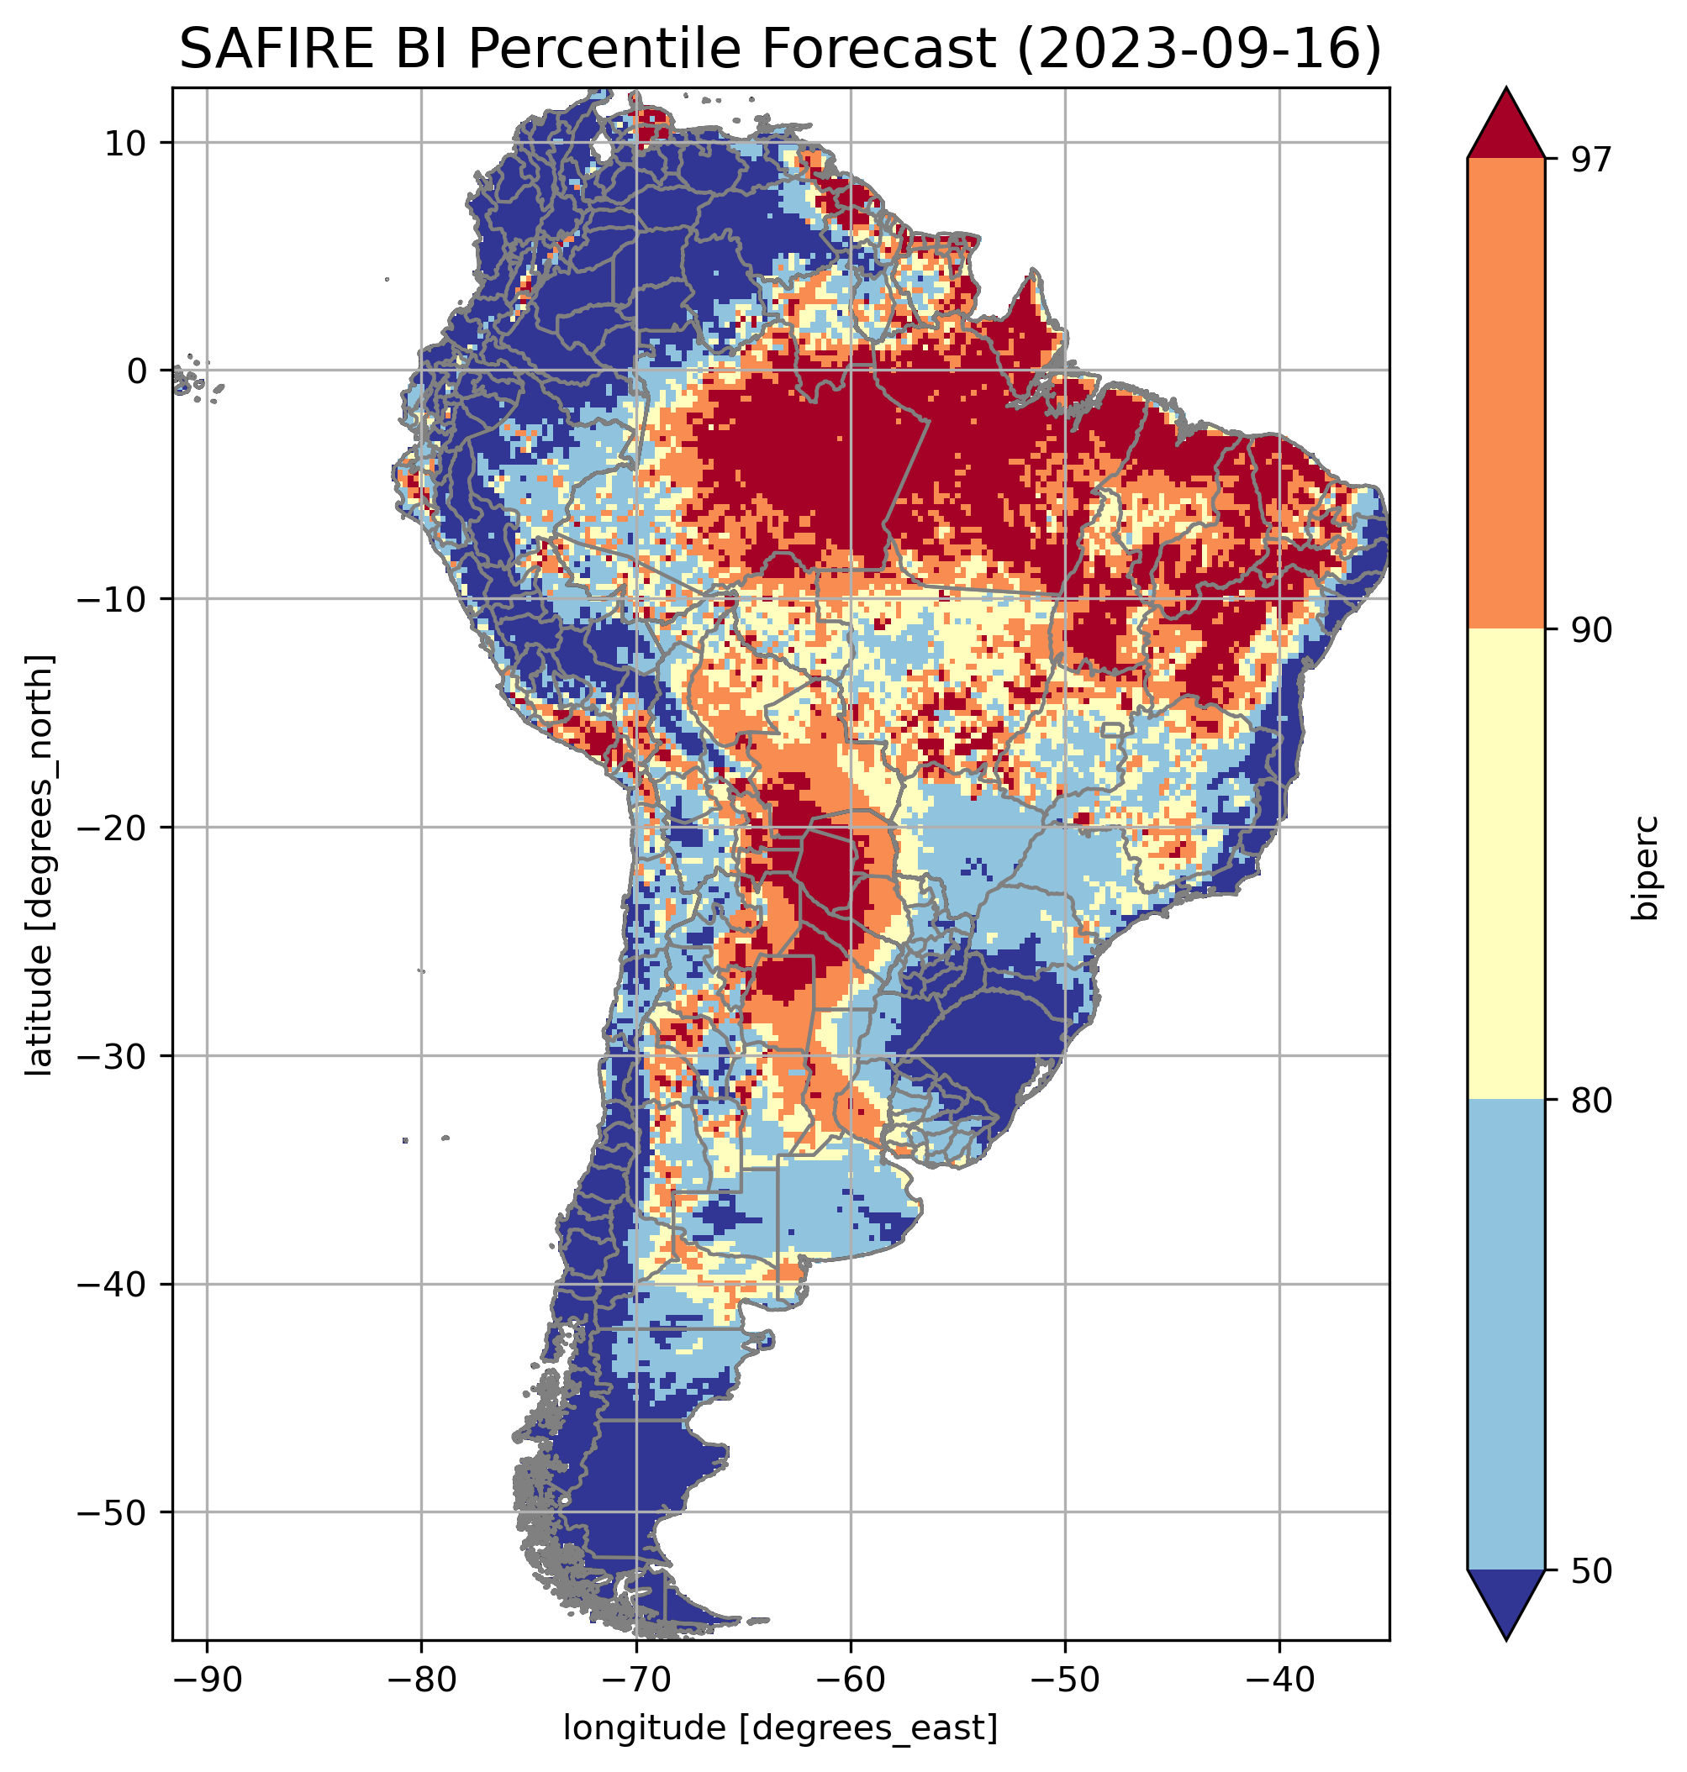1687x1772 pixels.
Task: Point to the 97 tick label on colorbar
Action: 1589,159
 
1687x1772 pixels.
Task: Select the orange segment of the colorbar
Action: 1505,394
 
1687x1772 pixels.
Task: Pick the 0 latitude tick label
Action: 137,371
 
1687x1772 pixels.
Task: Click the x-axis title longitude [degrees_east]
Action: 780,1727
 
